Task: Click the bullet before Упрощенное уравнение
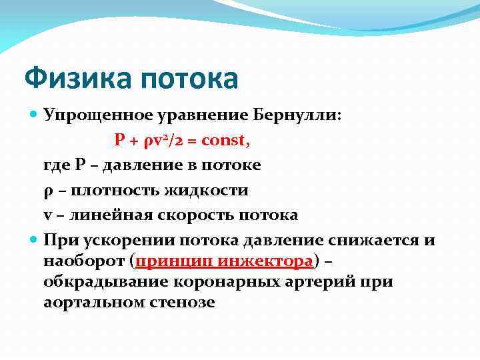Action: pyautogui.click(x=35, y=114)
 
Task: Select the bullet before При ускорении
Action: pyautogui.click(x=35, y=241)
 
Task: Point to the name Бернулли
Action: pyautogui.click(x=307, y=114)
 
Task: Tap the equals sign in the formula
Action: pyautogui.click(x=191, y=140)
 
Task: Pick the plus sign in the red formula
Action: pyautogui.click(x=135, y=140)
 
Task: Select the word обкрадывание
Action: pyautogui.click(x=102, y=281)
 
